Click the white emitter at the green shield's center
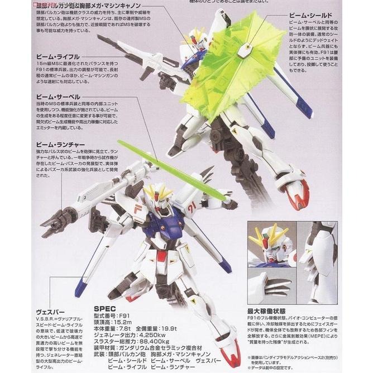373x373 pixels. (243, 51)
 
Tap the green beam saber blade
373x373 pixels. (168, 170)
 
